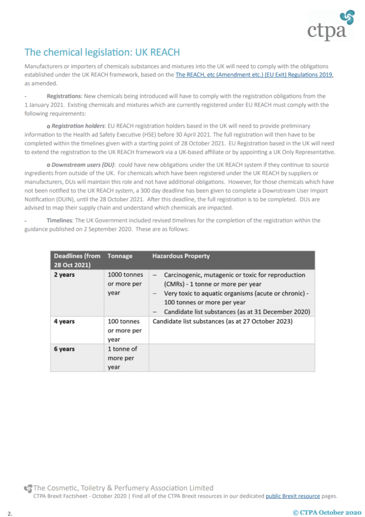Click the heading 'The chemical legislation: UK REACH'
[102, 53]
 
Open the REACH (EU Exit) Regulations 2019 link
[254, 75]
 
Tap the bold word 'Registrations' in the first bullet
[64, 96]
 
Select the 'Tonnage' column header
[120, 256]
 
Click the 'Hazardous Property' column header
[181, 256]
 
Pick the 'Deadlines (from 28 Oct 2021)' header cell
[77, 261]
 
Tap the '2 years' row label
[64, 275]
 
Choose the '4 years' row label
[64, 322]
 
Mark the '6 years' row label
[64, 349]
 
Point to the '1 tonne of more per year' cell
[123, 357]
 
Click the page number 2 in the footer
[10, 513]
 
